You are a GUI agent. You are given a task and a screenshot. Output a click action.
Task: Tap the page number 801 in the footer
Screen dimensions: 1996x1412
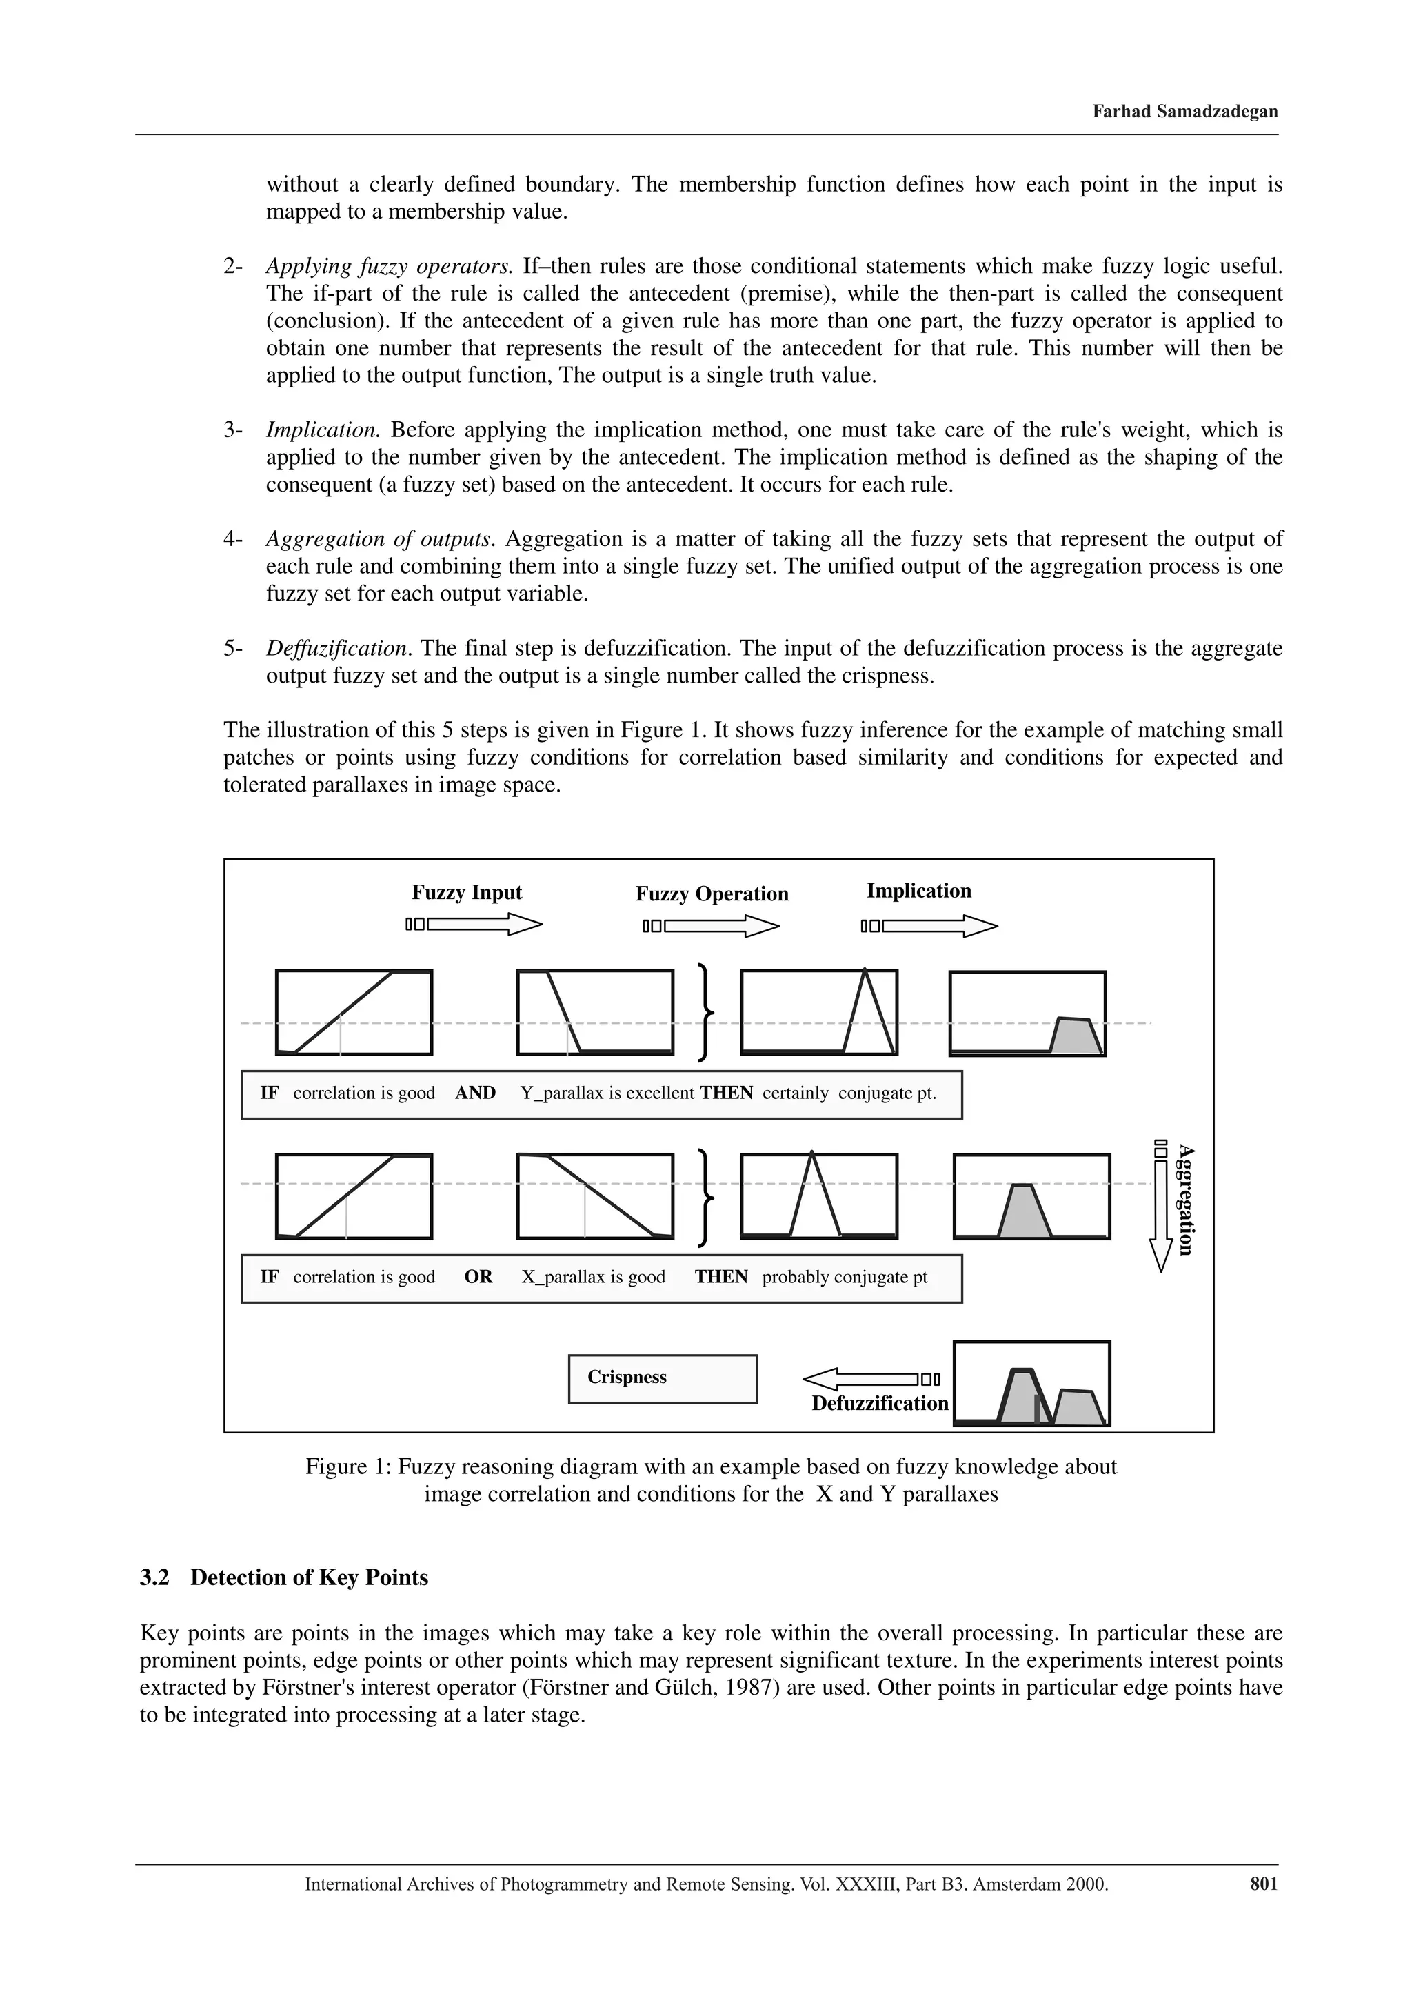click(x=1263, y=1884)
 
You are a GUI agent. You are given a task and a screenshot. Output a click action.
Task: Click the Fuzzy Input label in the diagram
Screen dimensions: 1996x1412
click(x=466, y=892)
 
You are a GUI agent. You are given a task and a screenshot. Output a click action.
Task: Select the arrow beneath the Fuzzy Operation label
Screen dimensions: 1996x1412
click(x=712, y=927)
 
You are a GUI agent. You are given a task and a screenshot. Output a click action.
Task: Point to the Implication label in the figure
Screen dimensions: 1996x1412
click(x=918, y=890)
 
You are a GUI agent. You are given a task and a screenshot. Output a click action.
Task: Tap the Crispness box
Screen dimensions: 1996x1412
click(x=662, y=1379)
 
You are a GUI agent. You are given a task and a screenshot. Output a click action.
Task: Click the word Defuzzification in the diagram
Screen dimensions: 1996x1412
click(x=879, y=1403)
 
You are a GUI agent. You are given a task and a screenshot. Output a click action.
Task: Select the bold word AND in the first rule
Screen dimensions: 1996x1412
click(x=475, y=1093)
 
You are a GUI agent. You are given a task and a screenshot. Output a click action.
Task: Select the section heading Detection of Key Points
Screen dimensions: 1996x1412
click(x=309, y=1578)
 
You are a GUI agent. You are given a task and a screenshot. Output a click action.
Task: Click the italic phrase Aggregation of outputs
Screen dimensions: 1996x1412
click(x=379, y=539)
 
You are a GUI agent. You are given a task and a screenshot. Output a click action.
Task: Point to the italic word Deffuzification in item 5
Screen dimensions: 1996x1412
click(x=336, y=649)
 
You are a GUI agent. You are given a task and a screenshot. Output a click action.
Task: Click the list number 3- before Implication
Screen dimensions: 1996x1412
click(x=233, y=430)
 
